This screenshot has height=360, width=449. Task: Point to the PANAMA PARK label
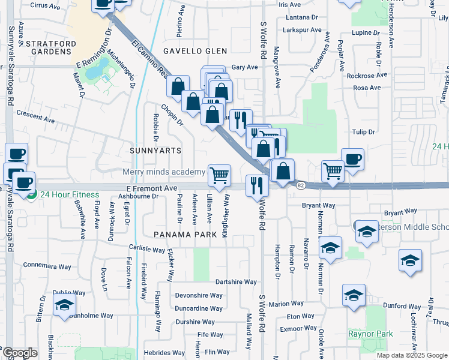coord(184,234)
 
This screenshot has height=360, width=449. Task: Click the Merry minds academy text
coord(164,172)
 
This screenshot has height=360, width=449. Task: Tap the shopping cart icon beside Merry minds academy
coord(220,175)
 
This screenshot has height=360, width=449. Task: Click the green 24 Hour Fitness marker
coord(30,194)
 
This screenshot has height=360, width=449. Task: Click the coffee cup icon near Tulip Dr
coord(352,159)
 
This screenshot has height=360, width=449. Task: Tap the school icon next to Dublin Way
coord(64,305)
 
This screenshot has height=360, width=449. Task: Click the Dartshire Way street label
coord(237,281)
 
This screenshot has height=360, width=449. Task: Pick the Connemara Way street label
coord(47,265)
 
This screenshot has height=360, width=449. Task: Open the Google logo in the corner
coord(19,353)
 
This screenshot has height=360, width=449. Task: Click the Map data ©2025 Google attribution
coord(412,355)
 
